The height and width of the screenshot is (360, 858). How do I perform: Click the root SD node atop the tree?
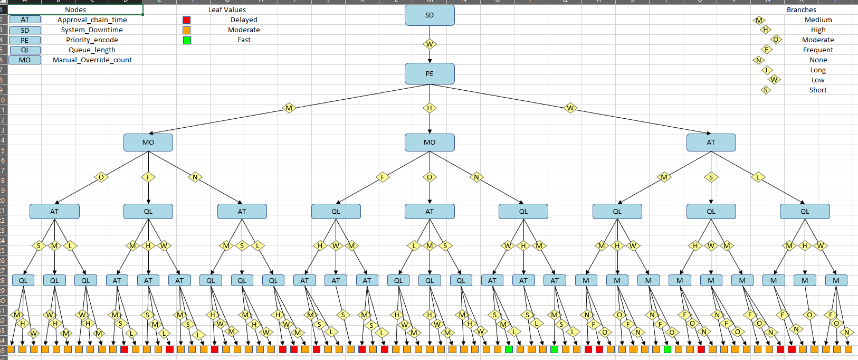coord(430,15)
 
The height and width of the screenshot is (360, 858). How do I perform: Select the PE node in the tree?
coord(430,73)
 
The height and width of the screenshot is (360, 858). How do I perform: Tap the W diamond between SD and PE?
coord(430,44)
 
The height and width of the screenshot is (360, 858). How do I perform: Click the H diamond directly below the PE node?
coord(430,108)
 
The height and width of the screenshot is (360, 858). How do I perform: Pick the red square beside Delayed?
coord(186,20)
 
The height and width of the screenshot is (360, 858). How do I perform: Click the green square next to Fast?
coord(186,40)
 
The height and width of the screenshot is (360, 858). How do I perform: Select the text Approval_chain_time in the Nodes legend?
coord(92,20)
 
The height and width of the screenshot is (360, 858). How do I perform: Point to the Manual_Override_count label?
coord(92,60)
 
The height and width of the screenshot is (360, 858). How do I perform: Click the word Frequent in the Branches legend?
coord(818,50)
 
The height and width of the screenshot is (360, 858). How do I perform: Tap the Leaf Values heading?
coord(227,10)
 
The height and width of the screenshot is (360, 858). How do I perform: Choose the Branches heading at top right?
coord(801,10)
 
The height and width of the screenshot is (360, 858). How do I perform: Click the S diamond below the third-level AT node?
coord(711,177)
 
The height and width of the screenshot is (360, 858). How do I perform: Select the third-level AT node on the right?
coord(711,142)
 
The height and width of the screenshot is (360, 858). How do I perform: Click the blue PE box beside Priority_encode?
coord(25,40)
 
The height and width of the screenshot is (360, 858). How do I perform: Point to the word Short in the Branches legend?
coord(818,90)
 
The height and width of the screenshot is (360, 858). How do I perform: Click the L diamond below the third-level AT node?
coord(758,177)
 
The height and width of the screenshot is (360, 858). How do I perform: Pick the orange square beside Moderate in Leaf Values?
coord(186,30)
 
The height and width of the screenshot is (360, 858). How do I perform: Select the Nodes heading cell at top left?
coord(75,10)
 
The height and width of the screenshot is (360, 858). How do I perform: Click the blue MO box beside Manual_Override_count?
coord(25,60)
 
